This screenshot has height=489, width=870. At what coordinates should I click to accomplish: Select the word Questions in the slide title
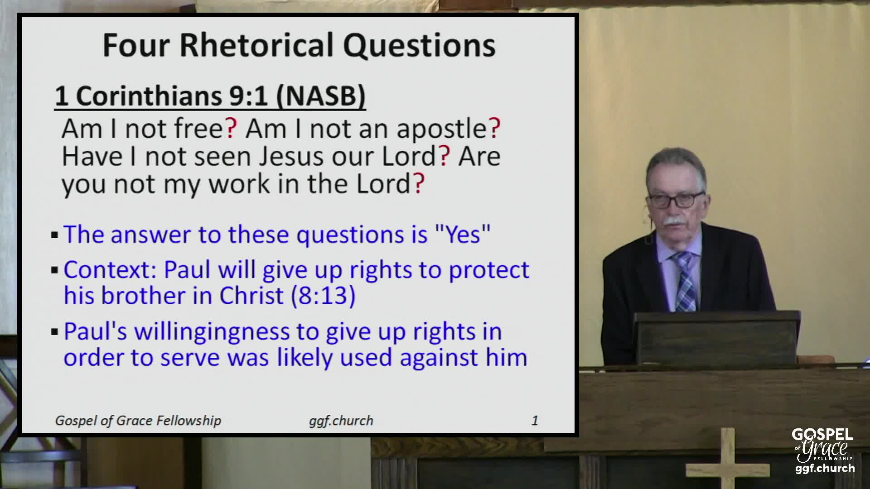(x=419, y=46)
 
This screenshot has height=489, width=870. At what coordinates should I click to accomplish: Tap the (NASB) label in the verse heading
(x=321, y=96)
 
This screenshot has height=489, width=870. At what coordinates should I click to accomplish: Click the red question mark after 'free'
(x=231, y=129)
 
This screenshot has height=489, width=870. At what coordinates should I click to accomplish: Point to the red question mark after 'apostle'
(x=495, y=129)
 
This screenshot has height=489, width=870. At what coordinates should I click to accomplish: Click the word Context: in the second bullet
(x=110, y=270)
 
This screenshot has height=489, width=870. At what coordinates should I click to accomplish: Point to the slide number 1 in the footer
(x=535, y=421)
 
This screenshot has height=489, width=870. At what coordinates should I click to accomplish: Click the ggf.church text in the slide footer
(x=341, y=421)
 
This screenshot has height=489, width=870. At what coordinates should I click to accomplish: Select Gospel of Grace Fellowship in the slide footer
(x=138, y=421)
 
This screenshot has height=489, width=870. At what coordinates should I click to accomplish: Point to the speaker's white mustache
(x=674, y=222)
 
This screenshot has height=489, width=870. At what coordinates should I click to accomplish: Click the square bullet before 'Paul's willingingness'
(x=55, y=332)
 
